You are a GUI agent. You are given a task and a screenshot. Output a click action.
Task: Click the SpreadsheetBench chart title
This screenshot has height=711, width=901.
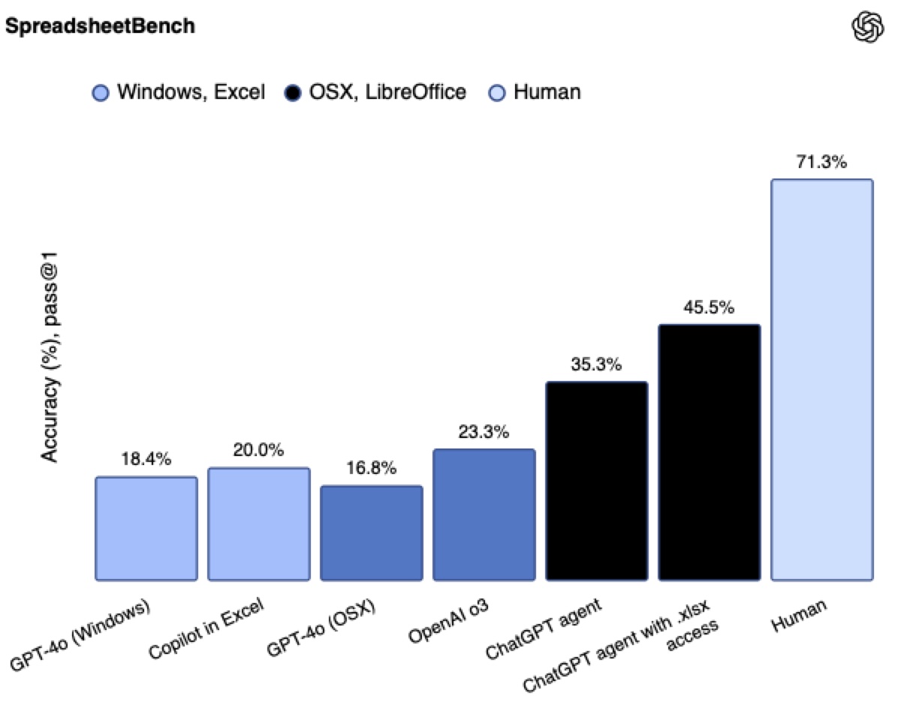click(100, 26)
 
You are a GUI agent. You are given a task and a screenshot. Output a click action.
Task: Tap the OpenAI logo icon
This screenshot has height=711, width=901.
click(868, 28)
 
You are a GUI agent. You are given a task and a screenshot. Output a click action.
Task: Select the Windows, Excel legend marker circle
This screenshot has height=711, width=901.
click(100, 93)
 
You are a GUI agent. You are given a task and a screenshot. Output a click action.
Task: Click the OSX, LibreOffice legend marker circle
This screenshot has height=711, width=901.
click(293, 93)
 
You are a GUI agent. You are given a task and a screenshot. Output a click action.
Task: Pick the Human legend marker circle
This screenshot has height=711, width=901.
click(496, 93)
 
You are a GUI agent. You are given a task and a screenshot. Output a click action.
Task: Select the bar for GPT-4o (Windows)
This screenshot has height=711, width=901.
click(146, 528)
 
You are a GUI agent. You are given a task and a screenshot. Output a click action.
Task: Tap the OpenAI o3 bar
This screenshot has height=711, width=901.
click(484, 514)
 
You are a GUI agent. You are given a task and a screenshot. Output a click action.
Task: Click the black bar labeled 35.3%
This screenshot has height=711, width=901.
click(597, 481)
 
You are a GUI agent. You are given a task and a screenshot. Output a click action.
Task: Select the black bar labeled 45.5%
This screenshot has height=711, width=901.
click(710, 452)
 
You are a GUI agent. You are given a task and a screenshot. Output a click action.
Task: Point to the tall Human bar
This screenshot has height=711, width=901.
click(822, 379)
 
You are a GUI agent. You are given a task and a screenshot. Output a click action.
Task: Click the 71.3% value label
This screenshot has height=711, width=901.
click(822, 161)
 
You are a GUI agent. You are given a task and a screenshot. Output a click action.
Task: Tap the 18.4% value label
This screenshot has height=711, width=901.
click(146, 459)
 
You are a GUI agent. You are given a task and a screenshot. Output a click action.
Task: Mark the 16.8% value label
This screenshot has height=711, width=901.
click(372, 468)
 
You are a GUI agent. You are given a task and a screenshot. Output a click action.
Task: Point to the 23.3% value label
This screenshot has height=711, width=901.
click(484, 432)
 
